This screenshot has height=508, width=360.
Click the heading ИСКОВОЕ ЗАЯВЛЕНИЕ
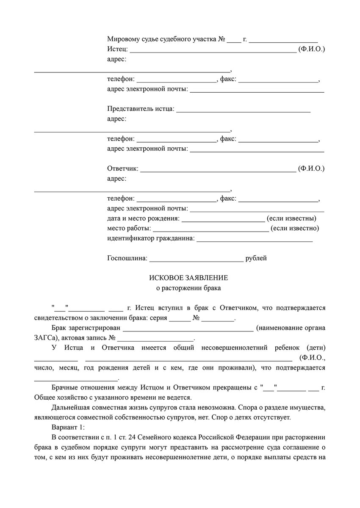(x=188, y=278)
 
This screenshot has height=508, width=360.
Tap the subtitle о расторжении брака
(x=188, y=289)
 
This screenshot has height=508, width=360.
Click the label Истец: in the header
(x=117, y=50)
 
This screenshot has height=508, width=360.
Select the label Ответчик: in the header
(x=123, y=169)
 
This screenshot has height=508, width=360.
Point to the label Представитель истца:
(x=141, y=109)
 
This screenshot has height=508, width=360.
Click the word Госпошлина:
(x=127, y=258)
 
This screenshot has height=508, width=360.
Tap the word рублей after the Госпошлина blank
(x=256, y=258)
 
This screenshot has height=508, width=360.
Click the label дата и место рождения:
(x=144, y=219)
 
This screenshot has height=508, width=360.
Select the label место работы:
(x=129, y=229)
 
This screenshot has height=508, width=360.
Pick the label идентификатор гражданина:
(x=151, y=239)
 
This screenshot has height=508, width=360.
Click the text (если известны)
(x=291, y=219)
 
